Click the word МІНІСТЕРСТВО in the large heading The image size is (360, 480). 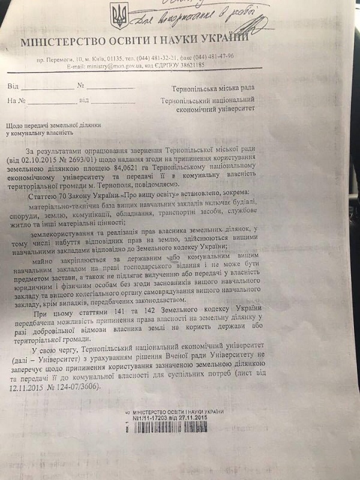pos(62,43)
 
